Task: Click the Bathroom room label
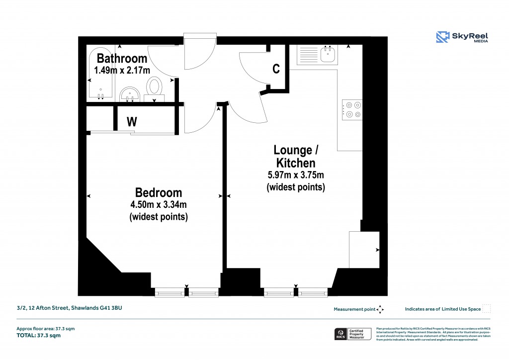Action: (x=122, y=58)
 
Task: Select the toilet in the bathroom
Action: (x=154, y=88)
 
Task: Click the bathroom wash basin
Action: (x=130, y=93)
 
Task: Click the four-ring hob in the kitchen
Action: (x=352, y=110)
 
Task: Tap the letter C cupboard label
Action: (x=276, y=69)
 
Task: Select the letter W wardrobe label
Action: (x=132, y=121)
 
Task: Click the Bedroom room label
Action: (x=159, y=192)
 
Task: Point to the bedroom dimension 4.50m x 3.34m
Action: (x=159, y=204)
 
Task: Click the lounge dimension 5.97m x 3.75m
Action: (x=296, y=175)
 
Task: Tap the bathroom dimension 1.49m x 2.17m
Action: (x=122, y=70)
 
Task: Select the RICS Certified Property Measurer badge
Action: (x=352, y=334)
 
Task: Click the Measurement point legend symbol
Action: (x=380, y=309)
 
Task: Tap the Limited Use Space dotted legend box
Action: (x=487, y=309)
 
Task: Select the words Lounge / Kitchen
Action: (x=295, y=156)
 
